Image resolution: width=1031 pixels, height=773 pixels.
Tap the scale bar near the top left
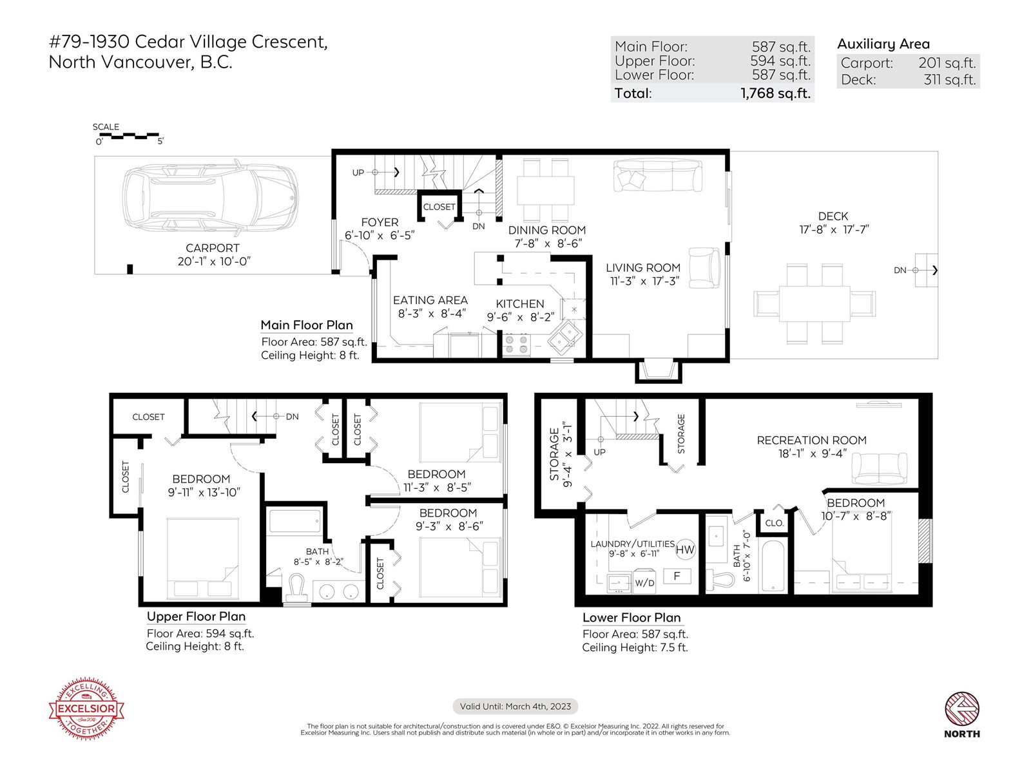pyautogui.click(x=129, y=136)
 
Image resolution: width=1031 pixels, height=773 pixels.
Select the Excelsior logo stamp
pyautogui.click(x=86, y=708)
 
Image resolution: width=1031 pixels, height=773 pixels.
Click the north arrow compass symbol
pyautogui.click(x=961, y=709)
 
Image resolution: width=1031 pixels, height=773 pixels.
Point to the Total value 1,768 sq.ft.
pyautogui.click(x=775, y=93)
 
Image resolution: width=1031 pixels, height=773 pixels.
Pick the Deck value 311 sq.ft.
pyautogui.click(x=950, y=80)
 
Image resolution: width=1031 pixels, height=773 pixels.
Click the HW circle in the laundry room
pyautogui.click(x=685, y=549)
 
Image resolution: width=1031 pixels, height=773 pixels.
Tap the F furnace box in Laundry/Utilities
pyautogui.click(x=677, y=576)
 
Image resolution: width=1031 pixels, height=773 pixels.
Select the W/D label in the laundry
pyautogui.click(x=644, y=583)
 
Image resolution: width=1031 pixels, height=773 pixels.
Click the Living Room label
pyautogui.click(x=642, y=267)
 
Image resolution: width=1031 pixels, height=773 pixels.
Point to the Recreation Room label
pyautogui.click(x=811, y=440)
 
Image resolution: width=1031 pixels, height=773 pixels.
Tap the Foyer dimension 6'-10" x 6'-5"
pyautogui.click(x=380, y=235)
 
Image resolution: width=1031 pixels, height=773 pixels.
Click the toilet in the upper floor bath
pyautogui.click(x=297, y=587)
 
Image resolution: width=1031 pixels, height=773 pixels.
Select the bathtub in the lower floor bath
pyautogui.click(x=773, y=566)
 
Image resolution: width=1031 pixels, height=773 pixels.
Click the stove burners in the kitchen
pyautogui.click(x=516, y=344)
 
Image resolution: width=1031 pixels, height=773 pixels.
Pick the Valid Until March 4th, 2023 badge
pyautogui.click(x=515, y=707)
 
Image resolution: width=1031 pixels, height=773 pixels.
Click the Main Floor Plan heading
pyautogui.click(x=307, y=325)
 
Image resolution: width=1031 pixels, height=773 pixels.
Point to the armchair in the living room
pyautogui.click(x=704, y=267)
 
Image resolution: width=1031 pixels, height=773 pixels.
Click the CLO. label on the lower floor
pyautogui.click(x=774, y=523)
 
